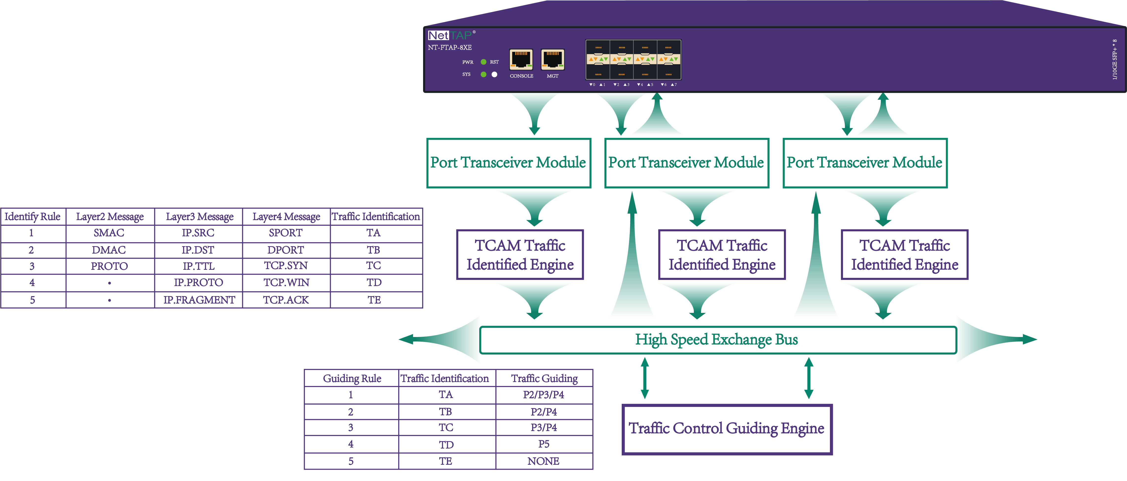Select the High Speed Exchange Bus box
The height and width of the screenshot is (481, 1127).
(x=717, y=340)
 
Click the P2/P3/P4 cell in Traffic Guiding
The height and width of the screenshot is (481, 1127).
(x=544, y=395)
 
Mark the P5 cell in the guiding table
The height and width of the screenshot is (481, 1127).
(x=544, y=444)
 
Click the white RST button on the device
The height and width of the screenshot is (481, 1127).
(x=494, y=74)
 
